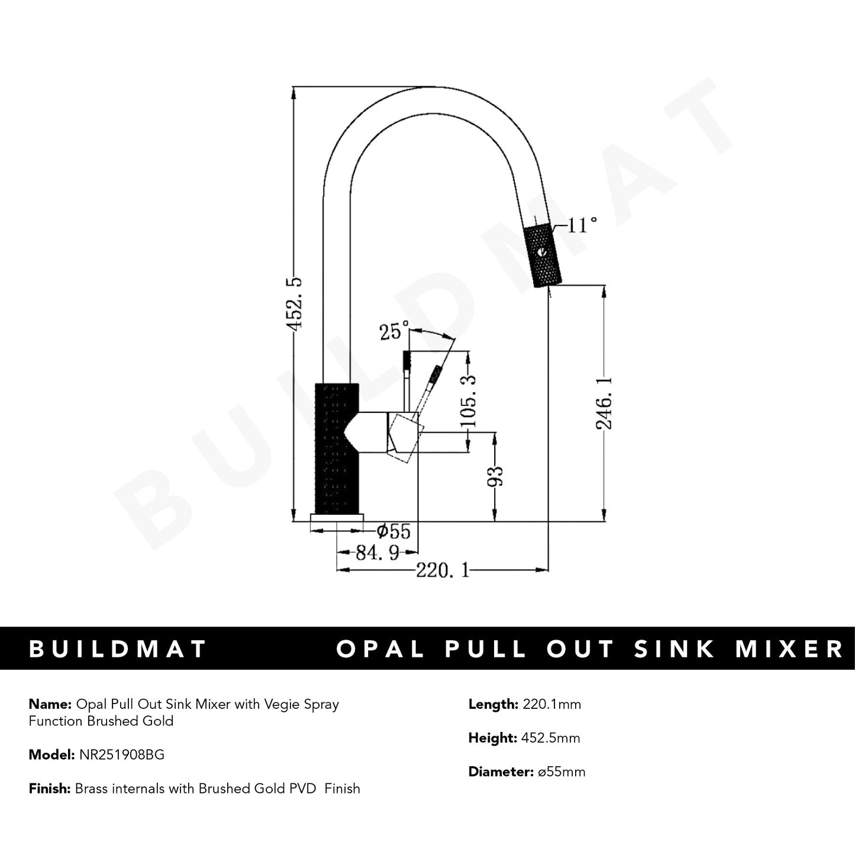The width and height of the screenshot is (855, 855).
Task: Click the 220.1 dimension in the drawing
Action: (x=442, y=570)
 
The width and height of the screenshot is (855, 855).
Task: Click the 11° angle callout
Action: (x=582, y=225)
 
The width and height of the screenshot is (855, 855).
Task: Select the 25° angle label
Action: (x=394, y=331)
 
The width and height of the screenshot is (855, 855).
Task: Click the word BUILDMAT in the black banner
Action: (x=118, y=648)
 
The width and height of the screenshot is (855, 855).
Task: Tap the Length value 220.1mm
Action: (x=552, y=704)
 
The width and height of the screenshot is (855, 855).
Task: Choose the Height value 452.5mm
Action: (x=550, y=738)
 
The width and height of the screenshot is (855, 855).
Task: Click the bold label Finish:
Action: (x=50, y=788)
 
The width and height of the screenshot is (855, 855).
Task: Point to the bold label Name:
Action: (x=50, y=704)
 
